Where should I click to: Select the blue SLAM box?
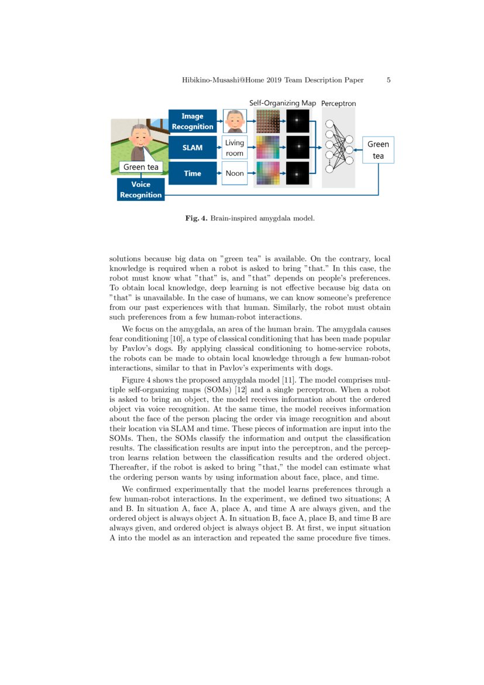pos(192,148)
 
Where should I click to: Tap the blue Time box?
pos(192,173)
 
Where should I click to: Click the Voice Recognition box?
pos(140,190)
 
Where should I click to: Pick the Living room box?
pos(234,148)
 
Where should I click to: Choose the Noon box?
pos(234,173)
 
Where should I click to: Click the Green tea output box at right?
pos(378,150)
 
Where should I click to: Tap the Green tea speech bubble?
pos(140,167)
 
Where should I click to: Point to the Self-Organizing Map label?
pos(282,103)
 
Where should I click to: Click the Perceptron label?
pos(338,103)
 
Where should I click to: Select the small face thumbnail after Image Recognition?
pos(234,121)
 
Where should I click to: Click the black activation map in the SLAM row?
pos(297,147)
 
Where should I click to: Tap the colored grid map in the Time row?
pos(268,173)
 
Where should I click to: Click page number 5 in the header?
pos(389,80)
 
